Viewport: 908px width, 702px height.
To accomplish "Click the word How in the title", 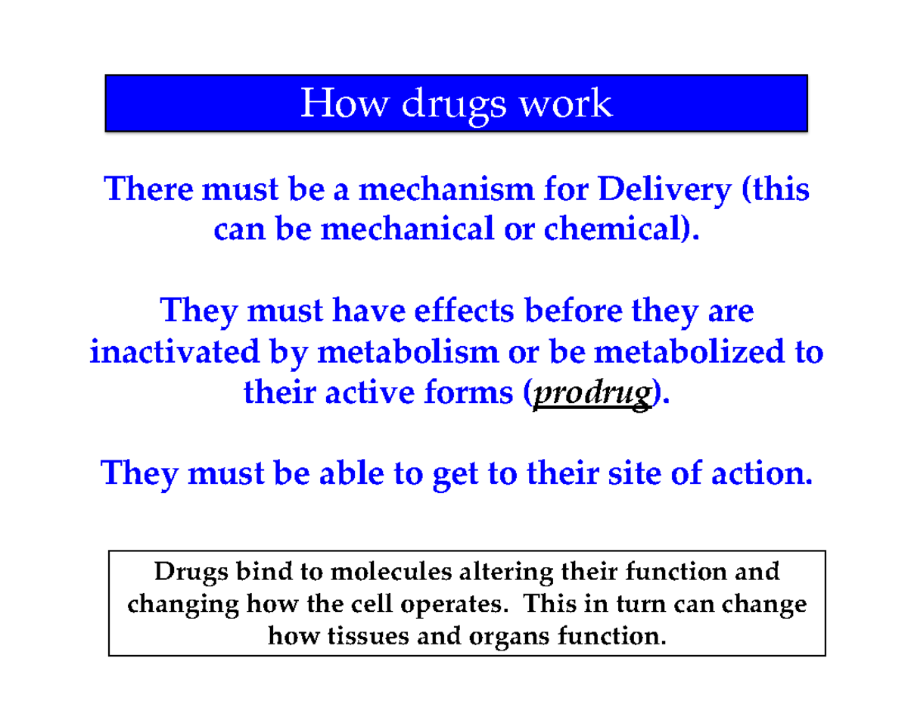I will point(343,103).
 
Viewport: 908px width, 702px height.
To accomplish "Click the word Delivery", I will point(659,189).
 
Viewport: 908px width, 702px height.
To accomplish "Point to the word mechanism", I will point(433,189).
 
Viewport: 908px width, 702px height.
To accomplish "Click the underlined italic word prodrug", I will point(592,394).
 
